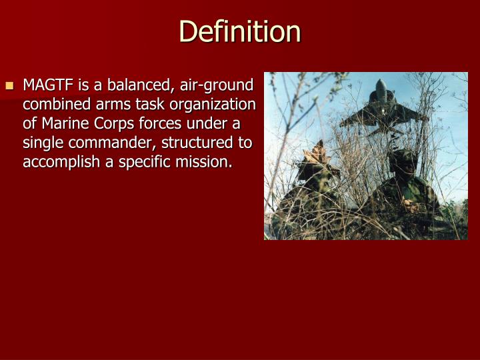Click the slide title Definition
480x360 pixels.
coord(240,31)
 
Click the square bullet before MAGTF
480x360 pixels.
coord(9,86)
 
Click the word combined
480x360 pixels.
coord(52,105)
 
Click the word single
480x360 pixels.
coord(41,143)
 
